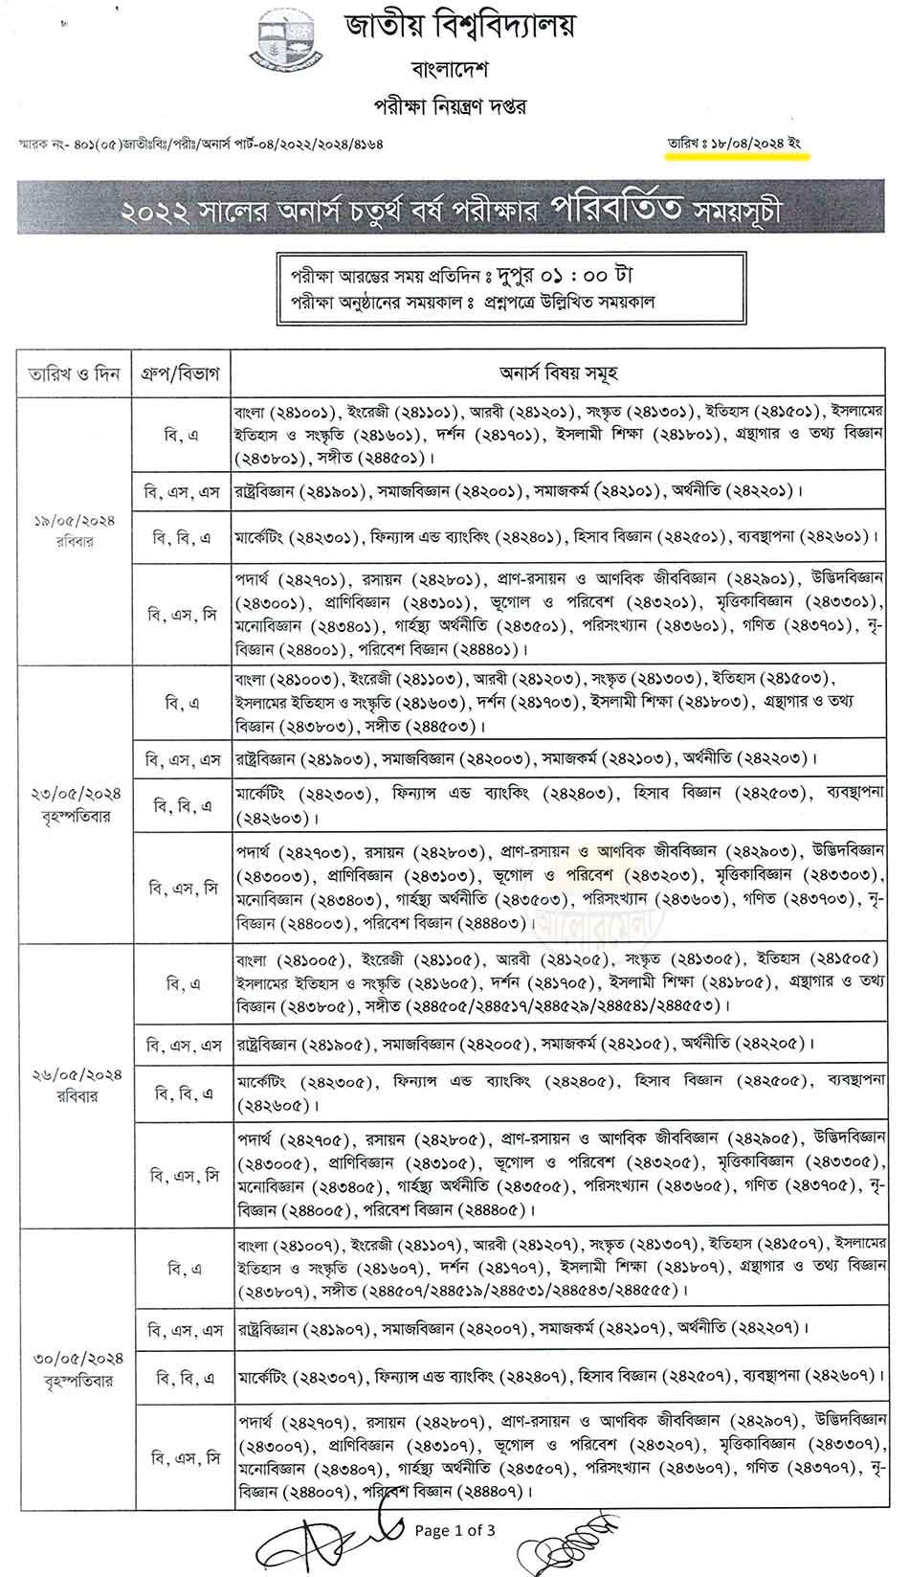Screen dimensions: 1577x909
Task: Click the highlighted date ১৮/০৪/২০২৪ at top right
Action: tap(750, 144)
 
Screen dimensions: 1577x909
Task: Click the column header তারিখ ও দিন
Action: tap(73, 373)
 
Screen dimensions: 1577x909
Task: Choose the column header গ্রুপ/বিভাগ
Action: tap(182, 373)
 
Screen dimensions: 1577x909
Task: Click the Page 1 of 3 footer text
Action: tap(454, 1530)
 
